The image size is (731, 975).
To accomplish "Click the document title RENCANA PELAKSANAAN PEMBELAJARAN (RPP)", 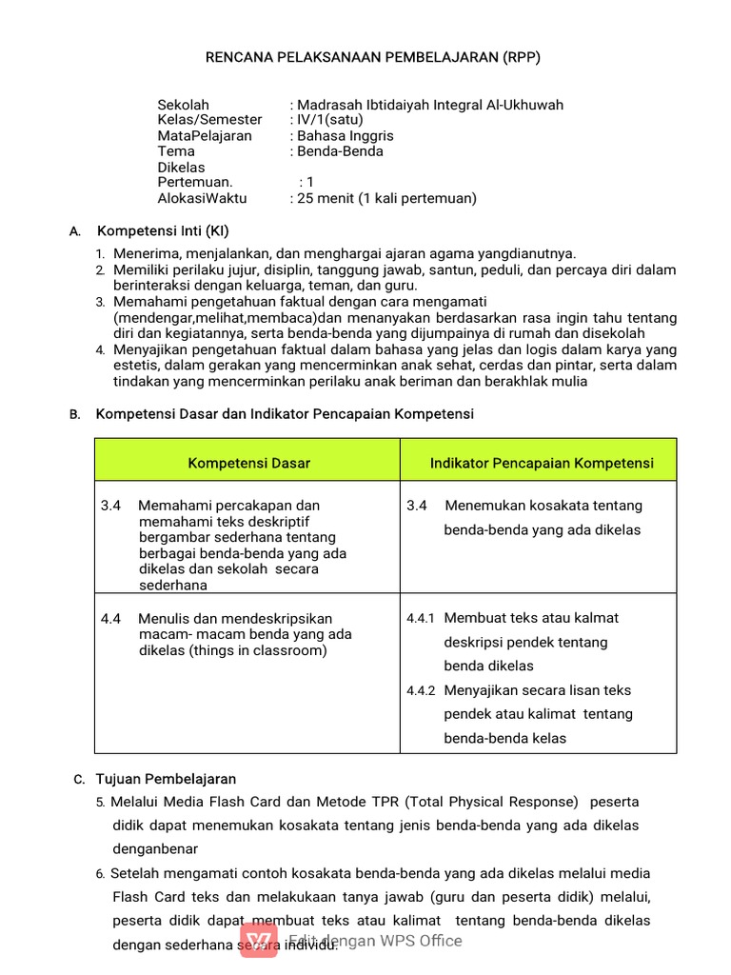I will tap(373, 57).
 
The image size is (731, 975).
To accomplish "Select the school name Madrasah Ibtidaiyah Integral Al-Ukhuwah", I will tap(429, 105).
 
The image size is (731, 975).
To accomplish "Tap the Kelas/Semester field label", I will tap(209, 120).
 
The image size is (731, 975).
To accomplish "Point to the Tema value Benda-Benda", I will tap(340, 151).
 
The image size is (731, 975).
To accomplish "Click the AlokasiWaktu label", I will tap(202, 198).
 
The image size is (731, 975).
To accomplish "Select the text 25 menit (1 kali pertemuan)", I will tap(386, 198).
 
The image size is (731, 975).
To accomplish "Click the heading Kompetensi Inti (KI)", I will tap(163, 231).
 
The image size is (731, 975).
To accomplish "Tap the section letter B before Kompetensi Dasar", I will tap(75, 415).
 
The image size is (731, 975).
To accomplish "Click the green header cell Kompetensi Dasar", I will tap(248, 463).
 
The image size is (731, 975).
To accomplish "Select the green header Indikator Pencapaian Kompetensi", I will tap(542, 463).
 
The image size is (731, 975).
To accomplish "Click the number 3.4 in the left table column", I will tap(110, 506).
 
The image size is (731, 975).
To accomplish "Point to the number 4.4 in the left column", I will tap(110, 618).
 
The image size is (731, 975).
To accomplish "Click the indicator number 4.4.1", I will tap(420, 618).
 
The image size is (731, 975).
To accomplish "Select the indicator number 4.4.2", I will tap(420, 690).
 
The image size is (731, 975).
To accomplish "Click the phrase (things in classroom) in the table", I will tap(257, 650).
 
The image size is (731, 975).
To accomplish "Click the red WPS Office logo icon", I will tap(259, 942).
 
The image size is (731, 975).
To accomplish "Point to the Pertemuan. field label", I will tap(195, 182).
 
